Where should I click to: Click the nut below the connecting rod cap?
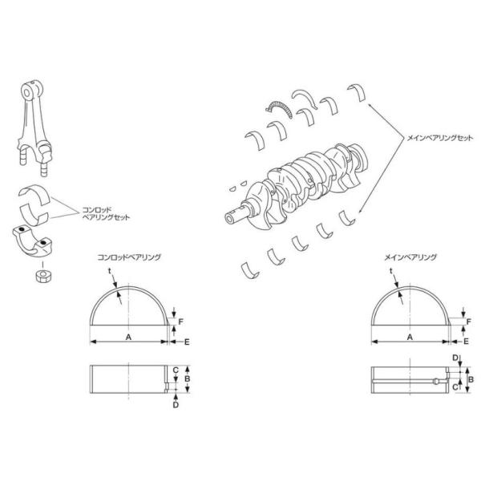click(43, 276)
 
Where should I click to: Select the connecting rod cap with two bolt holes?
click(33, 240)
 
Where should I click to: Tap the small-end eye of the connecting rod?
click(27, 92)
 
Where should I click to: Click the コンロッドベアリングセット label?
click(106, 214)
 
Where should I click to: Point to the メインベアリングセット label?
click(440, 138)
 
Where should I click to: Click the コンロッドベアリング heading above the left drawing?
click(129, 257)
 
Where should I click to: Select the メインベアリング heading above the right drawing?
click(410, 257)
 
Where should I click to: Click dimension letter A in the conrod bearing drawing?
click(128, 338)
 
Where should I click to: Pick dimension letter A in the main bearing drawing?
click(410, 338)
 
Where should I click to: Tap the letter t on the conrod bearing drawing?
click(110, 271)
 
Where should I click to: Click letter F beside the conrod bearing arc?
click(180, 321)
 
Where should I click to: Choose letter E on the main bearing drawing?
click(466, 342)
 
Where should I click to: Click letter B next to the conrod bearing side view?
click(187, 379)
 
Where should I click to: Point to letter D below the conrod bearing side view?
click(176, 405)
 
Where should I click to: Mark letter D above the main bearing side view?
click(455, 358)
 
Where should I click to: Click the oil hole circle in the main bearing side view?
click(436, 382)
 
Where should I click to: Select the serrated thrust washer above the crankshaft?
click(279, 108)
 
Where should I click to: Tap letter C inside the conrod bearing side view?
click(176, 370)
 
